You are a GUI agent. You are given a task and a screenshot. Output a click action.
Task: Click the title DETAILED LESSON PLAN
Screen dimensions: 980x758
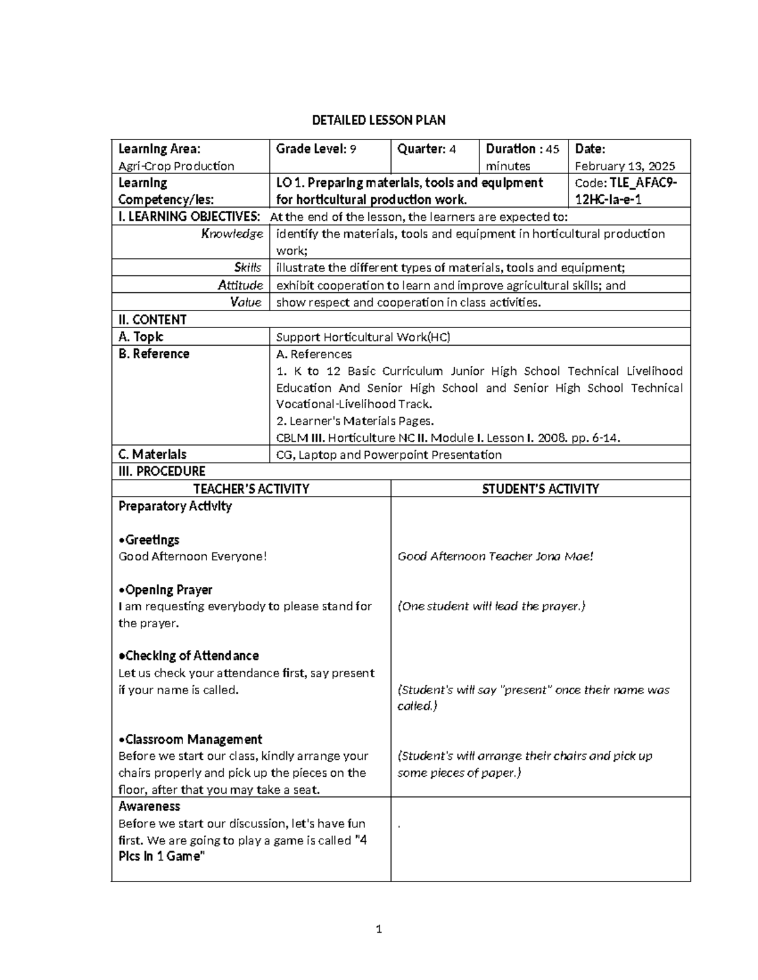point(379,120)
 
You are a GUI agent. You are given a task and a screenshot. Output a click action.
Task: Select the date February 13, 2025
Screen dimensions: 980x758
point(624,166)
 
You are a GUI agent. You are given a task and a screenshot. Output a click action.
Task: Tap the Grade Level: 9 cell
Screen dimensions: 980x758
point(316,149)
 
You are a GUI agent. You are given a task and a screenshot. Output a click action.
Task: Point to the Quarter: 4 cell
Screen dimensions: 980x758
point(426,149)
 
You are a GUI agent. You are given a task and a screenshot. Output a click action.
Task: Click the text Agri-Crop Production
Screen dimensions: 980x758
point(176,166)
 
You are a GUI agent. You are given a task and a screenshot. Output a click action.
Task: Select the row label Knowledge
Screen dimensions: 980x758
point(232,233)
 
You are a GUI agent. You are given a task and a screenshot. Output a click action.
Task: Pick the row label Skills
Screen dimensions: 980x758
point(247,268)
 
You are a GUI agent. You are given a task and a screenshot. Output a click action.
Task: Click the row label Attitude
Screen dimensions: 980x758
point(240,285)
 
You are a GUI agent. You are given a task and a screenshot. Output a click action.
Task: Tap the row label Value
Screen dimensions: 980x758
point(246,302)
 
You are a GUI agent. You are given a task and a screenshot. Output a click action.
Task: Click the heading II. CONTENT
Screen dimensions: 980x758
point(152,319)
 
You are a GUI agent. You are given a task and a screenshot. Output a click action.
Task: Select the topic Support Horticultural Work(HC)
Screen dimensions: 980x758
point(363,337)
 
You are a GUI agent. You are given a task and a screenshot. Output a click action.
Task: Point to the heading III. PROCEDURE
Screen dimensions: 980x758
point(162,471)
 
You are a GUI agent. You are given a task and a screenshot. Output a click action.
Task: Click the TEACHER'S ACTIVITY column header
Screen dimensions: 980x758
point(251,488)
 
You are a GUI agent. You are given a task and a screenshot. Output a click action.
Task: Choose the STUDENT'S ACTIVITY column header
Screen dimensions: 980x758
point(540,488)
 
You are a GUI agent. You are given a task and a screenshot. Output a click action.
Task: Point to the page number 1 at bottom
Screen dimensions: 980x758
point(379,928)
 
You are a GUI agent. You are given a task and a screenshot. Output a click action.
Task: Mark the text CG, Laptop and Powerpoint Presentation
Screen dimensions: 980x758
point(389,454)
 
